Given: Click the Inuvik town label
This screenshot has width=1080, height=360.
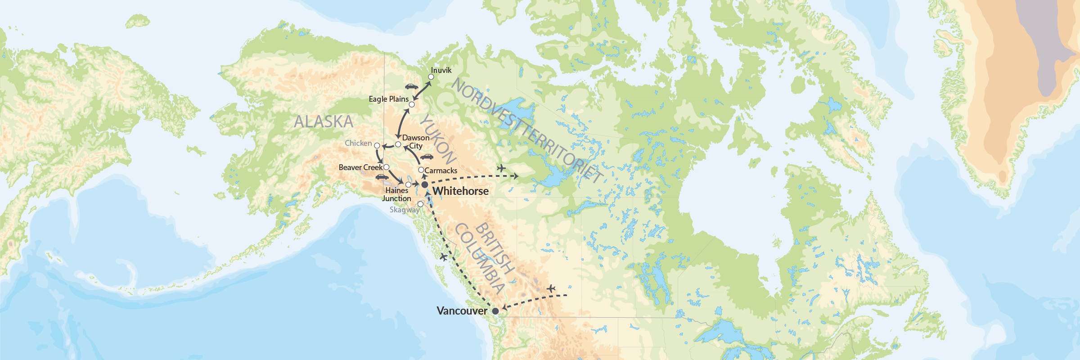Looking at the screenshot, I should (441, 70).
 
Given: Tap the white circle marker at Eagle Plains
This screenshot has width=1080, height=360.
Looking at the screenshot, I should (411, 104).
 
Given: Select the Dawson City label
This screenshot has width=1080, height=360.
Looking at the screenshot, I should (415, 142).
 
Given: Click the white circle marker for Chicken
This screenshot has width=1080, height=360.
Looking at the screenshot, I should (377, 146).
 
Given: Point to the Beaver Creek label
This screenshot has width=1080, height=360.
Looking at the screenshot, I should (360, 167).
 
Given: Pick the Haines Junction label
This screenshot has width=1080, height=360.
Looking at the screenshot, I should (396, 194).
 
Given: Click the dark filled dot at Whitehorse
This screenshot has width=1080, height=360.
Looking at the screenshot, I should (424, 185).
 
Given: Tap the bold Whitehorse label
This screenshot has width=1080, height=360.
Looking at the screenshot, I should (460, 191).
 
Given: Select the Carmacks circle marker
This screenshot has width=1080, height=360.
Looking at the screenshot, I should (421, 170).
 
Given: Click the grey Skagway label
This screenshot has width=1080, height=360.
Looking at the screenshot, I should (404, 210).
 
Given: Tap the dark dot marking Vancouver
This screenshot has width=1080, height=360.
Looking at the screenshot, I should (495, 311).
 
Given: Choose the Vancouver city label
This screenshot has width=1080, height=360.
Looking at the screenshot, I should (462, 311).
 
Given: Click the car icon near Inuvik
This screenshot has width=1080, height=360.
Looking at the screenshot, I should (411, 86).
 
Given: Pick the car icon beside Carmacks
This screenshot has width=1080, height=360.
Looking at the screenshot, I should (427, 157).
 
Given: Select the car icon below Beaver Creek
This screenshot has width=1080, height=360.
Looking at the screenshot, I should (382, 177).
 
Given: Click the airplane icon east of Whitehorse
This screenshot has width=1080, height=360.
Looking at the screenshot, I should (501, 168).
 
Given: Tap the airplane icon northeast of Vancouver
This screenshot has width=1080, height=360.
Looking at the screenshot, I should (551, 288).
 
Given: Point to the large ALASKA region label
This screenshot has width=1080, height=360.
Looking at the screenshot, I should (324, 121).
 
